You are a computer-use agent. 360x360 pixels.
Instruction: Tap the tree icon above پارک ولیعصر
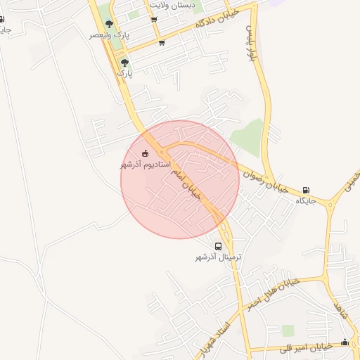point(108,24)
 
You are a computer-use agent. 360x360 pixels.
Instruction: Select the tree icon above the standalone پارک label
point(124,63)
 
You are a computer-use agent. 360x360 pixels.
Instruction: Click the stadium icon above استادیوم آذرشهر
point(146,153)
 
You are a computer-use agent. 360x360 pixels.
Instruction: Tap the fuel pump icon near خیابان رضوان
point(306,190)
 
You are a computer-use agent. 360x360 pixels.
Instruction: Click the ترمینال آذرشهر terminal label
point(218,257)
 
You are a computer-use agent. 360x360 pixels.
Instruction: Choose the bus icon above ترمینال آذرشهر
point(218,247)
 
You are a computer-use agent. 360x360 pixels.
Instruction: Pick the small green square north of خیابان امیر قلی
point(287,330)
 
